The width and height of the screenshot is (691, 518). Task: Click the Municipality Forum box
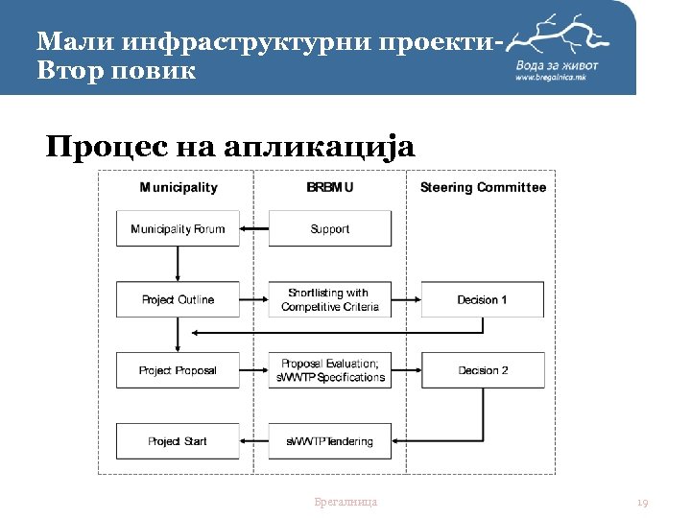tap(178, 229)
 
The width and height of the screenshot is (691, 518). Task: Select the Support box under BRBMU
tap(329, 229)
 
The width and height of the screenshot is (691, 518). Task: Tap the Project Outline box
tap(178, 299)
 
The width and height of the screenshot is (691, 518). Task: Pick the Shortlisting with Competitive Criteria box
tap(329, 299)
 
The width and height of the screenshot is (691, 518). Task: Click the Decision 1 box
tap(482, 299)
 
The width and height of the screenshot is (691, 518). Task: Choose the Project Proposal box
tap(178, 370)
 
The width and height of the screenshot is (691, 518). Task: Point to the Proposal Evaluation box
tap(329, 370)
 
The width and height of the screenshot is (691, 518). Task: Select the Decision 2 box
tap(482, 370)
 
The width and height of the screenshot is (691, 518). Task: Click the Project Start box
tap(178, 441)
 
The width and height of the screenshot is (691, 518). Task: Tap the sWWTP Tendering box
tap(329, 441)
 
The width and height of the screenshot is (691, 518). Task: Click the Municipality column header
tap(179, 188)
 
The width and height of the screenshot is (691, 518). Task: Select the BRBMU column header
tap(329, 188)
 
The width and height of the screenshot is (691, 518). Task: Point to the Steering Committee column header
tap(483, 188)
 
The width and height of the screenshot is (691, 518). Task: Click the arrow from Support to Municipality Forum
tap(254, 229)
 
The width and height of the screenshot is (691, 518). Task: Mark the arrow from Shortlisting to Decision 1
tap(407, 299)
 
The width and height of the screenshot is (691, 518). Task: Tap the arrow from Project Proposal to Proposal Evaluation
tap(254, 370)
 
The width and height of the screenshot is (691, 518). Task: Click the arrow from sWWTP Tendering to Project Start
tap(254, 441)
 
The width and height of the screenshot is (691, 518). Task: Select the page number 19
tap(643, 502)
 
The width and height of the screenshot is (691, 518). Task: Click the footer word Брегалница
tap(345, 502)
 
